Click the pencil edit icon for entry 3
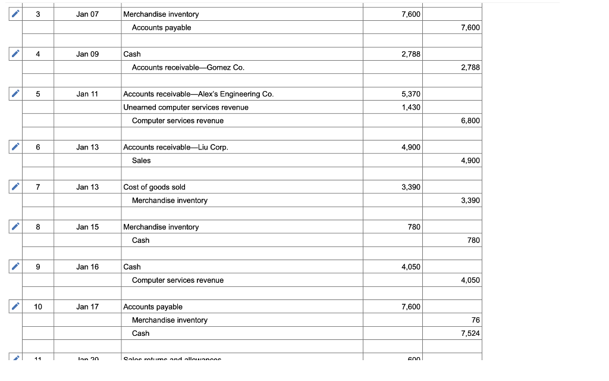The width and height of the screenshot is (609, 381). pos(15,14)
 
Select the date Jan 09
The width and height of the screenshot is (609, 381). pos(87,54)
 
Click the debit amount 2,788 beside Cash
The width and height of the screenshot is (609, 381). pos(411,54)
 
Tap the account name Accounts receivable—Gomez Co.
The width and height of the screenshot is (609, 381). pos(188,67)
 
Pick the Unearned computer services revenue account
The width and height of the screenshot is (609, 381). pos(186,107)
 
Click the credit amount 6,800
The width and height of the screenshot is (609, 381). pos(470,121)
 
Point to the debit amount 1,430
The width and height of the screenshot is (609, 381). pos(411,107)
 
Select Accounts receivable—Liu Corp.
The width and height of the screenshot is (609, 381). pos(175,147)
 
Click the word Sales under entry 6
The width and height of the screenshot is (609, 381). pos(141,161)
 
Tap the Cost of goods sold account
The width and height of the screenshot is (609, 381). pos(154,187)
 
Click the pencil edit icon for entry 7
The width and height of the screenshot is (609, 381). pos(15,187)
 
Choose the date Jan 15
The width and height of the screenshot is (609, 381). pos(87,227)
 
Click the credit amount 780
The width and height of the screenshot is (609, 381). pos(473,241)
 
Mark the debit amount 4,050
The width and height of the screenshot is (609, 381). pos(411,267)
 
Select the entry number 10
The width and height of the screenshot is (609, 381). pos(38,307)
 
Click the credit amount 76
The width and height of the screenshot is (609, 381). pos(475,320)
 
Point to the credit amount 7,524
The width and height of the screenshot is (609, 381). pos(470,333)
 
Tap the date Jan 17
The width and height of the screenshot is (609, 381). pos(87,307)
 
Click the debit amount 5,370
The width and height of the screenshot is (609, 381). pos(411,94)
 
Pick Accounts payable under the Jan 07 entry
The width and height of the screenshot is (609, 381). pos(161,27)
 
